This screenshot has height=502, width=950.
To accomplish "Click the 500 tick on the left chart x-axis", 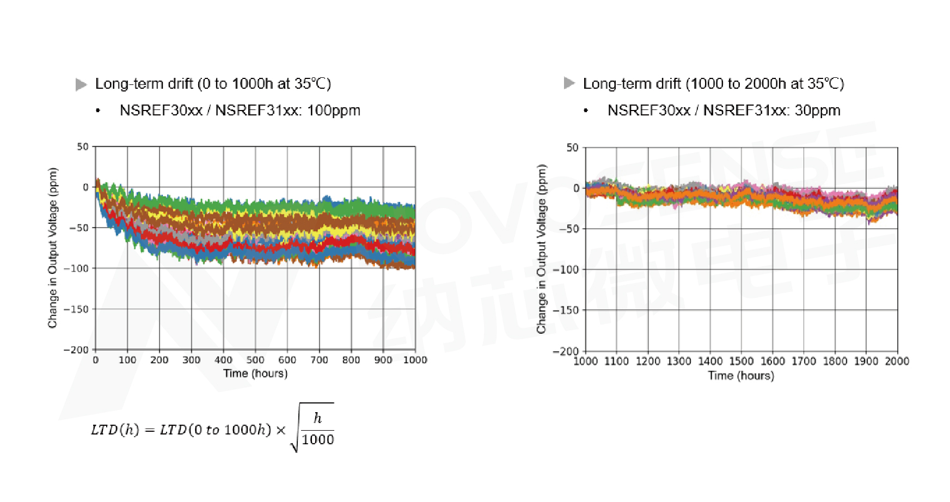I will (255, 360).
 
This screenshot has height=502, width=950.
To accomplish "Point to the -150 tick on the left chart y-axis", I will (76, 309).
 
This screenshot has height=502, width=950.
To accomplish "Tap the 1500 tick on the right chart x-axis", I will (741, 361).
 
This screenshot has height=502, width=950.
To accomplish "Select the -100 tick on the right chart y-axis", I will (566, 270).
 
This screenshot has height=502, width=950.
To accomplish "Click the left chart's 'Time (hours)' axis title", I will (255, 374).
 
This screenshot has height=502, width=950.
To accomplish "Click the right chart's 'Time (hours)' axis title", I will (741, 376).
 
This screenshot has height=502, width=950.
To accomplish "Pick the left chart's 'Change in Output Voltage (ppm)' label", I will (53, 248).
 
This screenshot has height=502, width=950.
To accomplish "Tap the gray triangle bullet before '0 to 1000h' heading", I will (81, 84).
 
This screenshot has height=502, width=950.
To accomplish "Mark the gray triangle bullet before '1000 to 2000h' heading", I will (569, 83).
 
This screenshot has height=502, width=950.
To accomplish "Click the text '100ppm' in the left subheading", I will (334, 111).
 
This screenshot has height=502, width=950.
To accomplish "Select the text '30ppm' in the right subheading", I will (818, 111).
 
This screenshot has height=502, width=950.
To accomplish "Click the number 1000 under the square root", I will (318, 440).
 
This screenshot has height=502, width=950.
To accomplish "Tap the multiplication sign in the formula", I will (281, 430).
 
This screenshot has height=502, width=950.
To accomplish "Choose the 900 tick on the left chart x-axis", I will (383, 360).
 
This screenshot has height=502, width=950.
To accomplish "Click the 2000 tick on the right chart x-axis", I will (897, 361).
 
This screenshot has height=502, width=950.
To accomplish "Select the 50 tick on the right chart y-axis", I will (572, 148).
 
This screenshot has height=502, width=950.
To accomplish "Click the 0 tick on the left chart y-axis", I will (85, 187).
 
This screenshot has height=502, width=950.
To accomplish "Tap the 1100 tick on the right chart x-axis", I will (617, 361).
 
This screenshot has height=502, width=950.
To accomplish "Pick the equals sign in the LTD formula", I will (150, 430).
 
